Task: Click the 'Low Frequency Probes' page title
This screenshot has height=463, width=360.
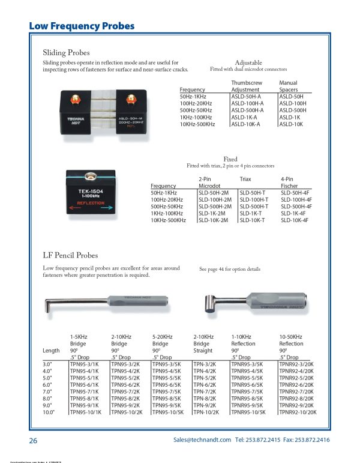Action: pos(82,26)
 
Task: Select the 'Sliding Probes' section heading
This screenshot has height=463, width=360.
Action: pos(66,52)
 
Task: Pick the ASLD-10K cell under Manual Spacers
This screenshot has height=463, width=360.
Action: pos(291,125)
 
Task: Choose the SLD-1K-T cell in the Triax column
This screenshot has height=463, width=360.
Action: pos(251,214)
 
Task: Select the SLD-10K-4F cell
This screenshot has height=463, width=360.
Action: pos(295,220)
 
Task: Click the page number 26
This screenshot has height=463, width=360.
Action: pos(34,441)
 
